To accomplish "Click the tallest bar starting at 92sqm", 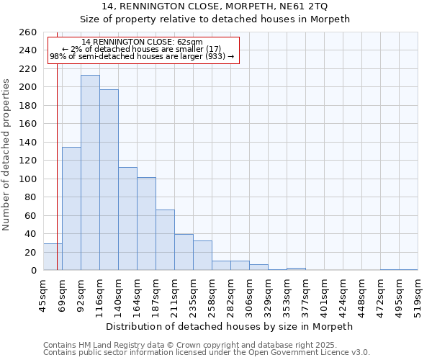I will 90,173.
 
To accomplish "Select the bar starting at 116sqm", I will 109,180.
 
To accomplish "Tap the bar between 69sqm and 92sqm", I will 71,209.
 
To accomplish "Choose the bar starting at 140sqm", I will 127,219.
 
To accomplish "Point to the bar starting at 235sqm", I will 202,256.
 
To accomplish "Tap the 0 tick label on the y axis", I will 33,271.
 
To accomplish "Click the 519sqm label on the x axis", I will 418,295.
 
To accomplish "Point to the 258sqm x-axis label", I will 212,295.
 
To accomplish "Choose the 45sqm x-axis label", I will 44,295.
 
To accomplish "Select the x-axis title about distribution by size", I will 230,326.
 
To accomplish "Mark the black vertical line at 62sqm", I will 57,166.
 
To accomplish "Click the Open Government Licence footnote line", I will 207,353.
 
